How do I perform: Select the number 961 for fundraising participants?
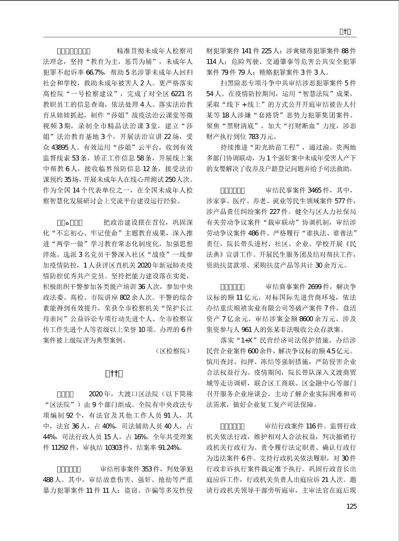247,330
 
